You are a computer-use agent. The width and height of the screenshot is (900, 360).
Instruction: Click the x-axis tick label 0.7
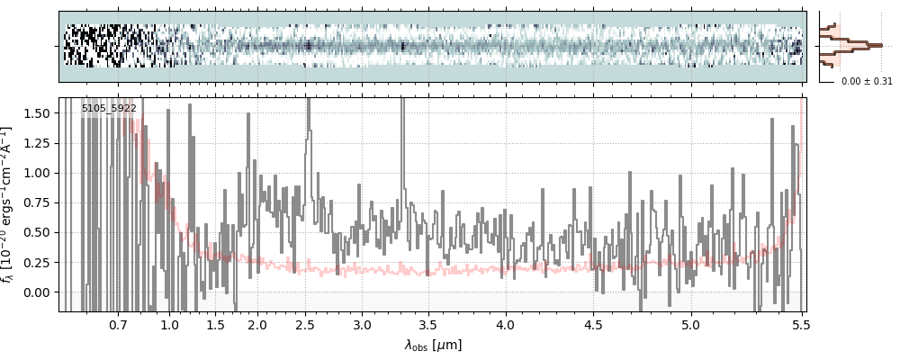click(119, 324)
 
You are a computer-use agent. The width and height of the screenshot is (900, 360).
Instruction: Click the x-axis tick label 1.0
click(170, 324)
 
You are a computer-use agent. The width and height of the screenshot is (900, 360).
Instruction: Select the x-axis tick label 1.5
click(216, 324)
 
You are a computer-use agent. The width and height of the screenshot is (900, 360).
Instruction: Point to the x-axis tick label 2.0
click(257, 324)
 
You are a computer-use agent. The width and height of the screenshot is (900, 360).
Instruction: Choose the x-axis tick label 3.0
click(362, 324)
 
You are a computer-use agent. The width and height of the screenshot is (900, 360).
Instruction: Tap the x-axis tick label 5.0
click(691, 324)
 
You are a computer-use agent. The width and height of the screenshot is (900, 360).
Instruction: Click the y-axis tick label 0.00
click(40, 292)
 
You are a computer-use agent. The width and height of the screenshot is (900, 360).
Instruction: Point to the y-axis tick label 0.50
click(40, 232)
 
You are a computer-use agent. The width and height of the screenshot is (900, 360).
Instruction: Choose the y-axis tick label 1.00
click(40, 173)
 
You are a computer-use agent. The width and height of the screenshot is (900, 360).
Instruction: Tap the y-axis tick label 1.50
click(40, 112)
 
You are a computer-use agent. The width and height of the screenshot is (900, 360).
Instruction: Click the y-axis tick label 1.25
click(40, 142)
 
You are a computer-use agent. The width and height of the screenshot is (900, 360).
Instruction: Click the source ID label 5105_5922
click(109, 109)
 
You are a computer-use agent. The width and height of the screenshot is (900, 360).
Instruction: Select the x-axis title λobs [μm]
click(433, 345)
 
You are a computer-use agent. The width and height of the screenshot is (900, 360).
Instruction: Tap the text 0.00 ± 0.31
click(867, 82)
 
